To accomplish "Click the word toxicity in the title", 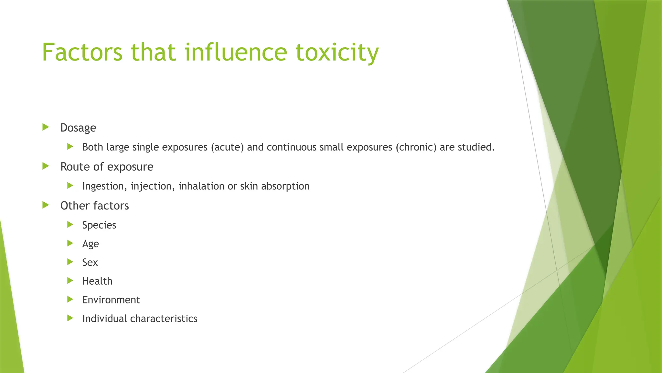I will coord(337,52).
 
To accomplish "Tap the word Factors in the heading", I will coord(82,52).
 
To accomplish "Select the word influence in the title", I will coord(236,52).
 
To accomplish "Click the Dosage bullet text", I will coord(78,128).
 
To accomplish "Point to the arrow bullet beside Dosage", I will coord(46,127).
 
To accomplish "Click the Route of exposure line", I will coord(107,167).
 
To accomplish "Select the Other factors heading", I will coord(94,206).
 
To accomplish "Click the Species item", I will coord(99,225).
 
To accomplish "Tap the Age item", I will coord(91,244).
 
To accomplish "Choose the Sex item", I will coord(90,262).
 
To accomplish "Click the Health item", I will coord(97,281).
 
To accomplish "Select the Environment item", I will coord(111,300).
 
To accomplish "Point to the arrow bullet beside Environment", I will coord(70,299).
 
